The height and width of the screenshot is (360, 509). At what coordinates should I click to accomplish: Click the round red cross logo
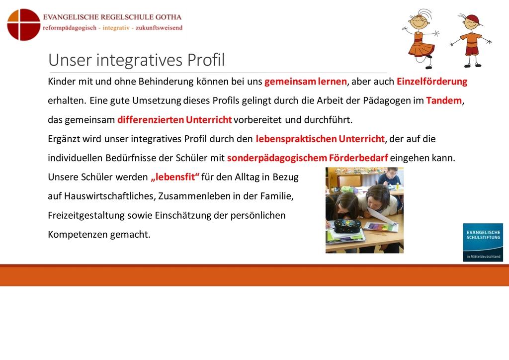24,25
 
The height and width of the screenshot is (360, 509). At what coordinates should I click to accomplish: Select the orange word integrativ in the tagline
116,28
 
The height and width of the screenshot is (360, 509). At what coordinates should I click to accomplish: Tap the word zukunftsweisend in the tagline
159,28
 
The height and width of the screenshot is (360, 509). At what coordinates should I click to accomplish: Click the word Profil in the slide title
206,60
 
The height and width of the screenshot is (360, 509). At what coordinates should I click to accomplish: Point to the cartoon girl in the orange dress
421,39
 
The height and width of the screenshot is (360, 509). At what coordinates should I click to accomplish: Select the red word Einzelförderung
432,81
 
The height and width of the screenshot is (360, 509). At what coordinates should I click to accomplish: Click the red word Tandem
444,100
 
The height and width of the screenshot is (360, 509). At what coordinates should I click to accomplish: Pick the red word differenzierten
151,120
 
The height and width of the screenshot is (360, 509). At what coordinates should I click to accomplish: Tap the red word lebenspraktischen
296,139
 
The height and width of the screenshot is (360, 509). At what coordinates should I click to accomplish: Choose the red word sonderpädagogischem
277,158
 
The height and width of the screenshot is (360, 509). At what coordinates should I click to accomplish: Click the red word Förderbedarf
358,158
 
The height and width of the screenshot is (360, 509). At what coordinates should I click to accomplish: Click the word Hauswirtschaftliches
110,196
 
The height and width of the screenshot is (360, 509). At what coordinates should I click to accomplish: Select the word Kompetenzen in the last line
78,234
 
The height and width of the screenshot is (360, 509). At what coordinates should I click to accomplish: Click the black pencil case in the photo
347,226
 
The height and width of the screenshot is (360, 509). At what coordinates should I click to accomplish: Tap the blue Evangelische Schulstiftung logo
483,242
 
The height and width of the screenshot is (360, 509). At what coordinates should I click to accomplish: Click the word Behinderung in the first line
166,81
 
